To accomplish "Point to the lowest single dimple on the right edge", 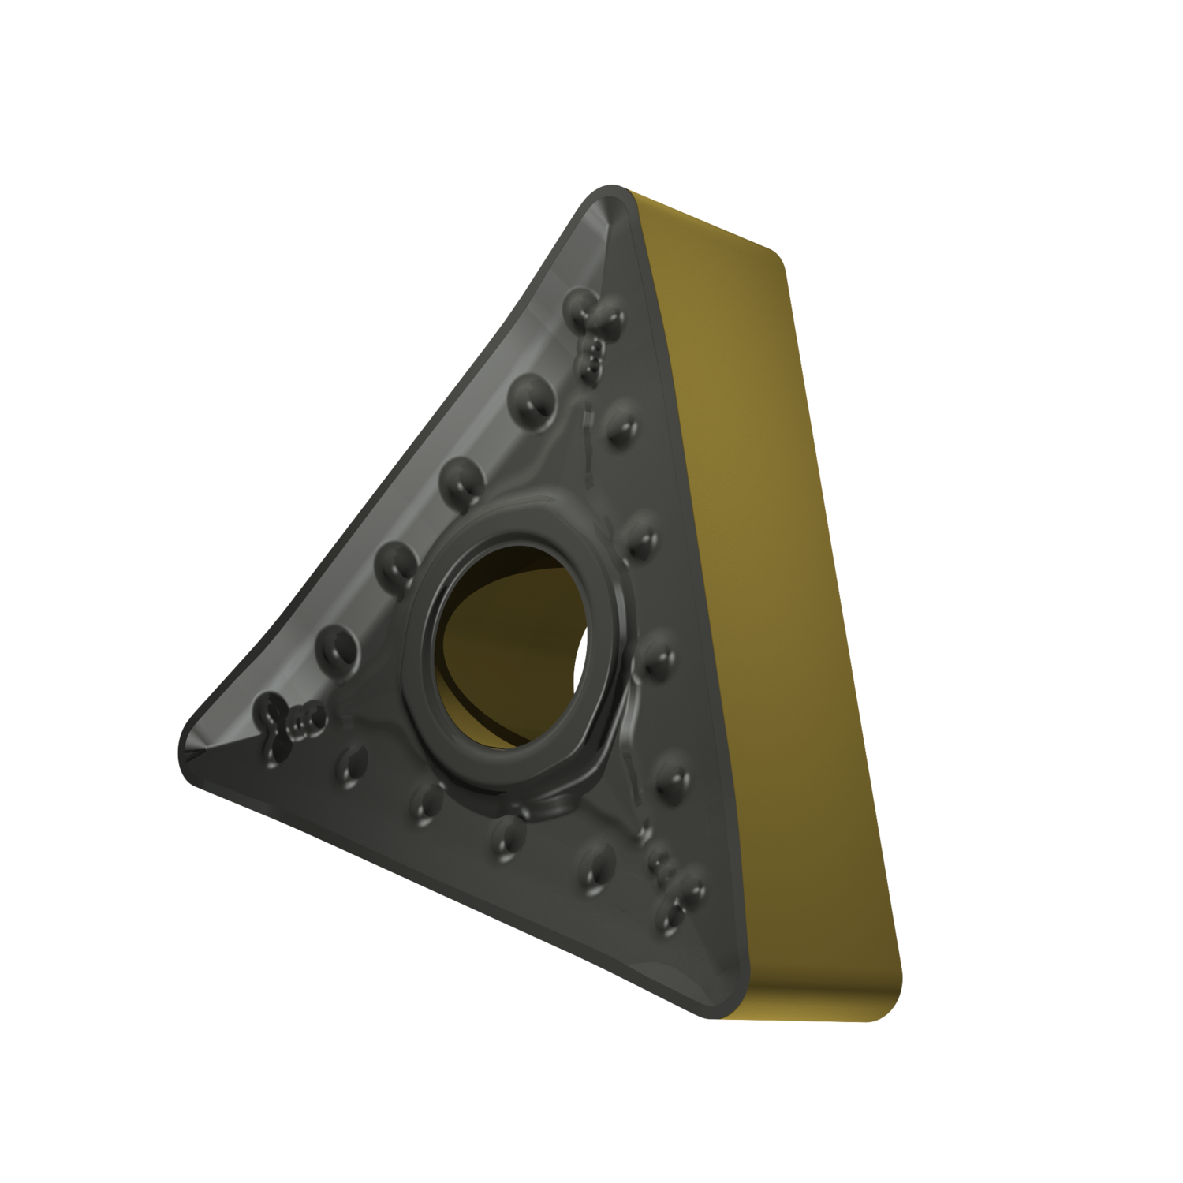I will [670, 781].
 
